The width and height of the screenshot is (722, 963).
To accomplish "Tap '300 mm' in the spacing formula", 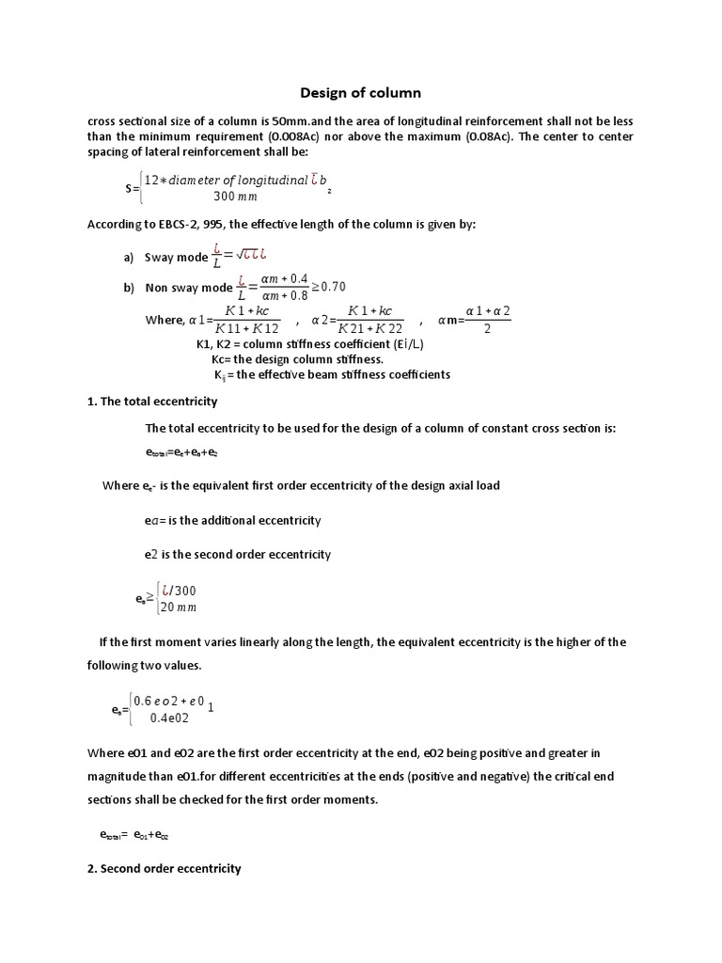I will (235, 197).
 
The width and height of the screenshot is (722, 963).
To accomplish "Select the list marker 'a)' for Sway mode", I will (130, 258).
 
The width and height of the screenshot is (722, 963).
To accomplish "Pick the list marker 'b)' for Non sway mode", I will (130, 288).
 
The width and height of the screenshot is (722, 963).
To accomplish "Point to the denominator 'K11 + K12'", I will (247, 328).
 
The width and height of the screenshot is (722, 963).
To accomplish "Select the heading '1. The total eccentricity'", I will (151, 401).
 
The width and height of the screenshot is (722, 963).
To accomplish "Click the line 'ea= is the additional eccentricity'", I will (233, 520).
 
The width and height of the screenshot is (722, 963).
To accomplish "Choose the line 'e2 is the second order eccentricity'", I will (238, 554).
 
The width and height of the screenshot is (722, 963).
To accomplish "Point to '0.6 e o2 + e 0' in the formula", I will (169, 701).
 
